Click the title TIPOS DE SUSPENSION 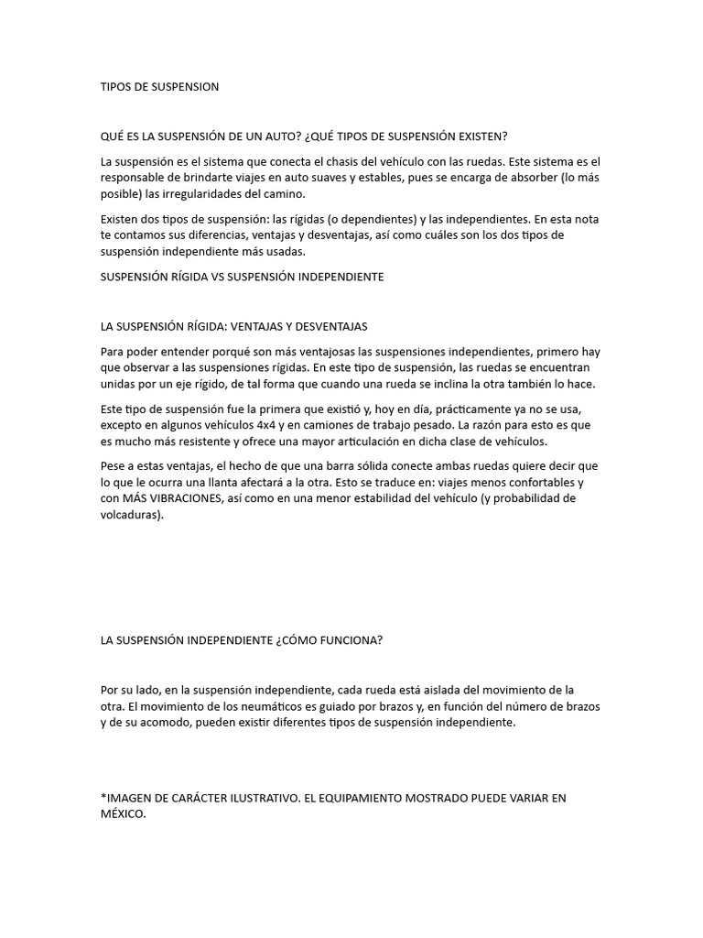point(159,87)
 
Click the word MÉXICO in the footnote point(122,814)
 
